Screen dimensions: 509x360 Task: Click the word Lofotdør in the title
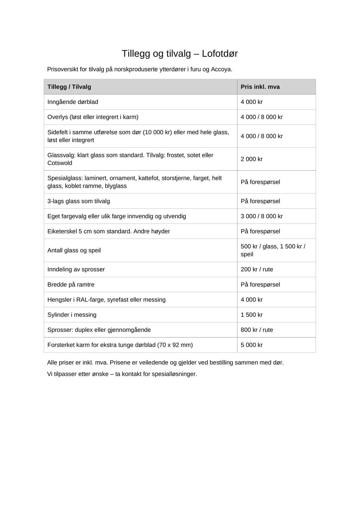[x=219, y=54]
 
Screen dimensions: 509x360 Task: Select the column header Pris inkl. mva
[x=260, y=87]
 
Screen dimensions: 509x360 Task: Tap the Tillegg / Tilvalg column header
[x=69, y=87]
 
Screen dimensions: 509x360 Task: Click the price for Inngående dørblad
[x=252, y=102]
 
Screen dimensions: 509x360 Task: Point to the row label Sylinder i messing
[x=72, y=315]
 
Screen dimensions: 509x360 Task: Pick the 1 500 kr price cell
[x=252, y=315]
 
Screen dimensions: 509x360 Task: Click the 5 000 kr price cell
[x=252, y=345]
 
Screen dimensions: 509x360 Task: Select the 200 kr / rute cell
[x=257, y=269]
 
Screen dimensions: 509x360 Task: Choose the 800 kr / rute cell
[x=257, y=330]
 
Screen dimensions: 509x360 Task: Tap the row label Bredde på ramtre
[x=71, y=284]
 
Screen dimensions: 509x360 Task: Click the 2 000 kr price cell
[x=252, y=159]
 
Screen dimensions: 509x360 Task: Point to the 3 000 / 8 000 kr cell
[x=262, y=216]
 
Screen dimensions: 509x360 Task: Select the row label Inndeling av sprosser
[x=76, y=269]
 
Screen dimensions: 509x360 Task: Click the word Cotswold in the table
[x=60, y=163]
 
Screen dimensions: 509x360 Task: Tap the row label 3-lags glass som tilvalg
[x=79, y=201]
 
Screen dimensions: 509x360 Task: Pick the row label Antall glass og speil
[x=74, y=250]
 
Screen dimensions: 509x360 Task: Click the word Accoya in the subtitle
[x=221, y=69]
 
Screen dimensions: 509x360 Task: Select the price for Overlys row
[x=262, y=117]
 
